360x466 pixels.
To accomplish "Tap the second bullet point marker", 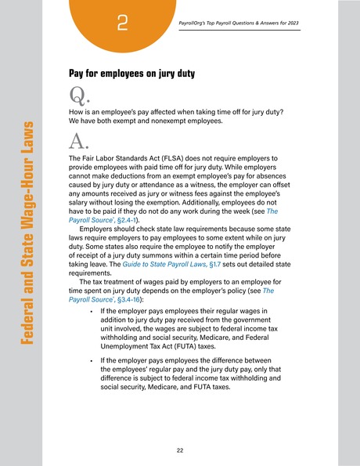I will click(x=92, y=364).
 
